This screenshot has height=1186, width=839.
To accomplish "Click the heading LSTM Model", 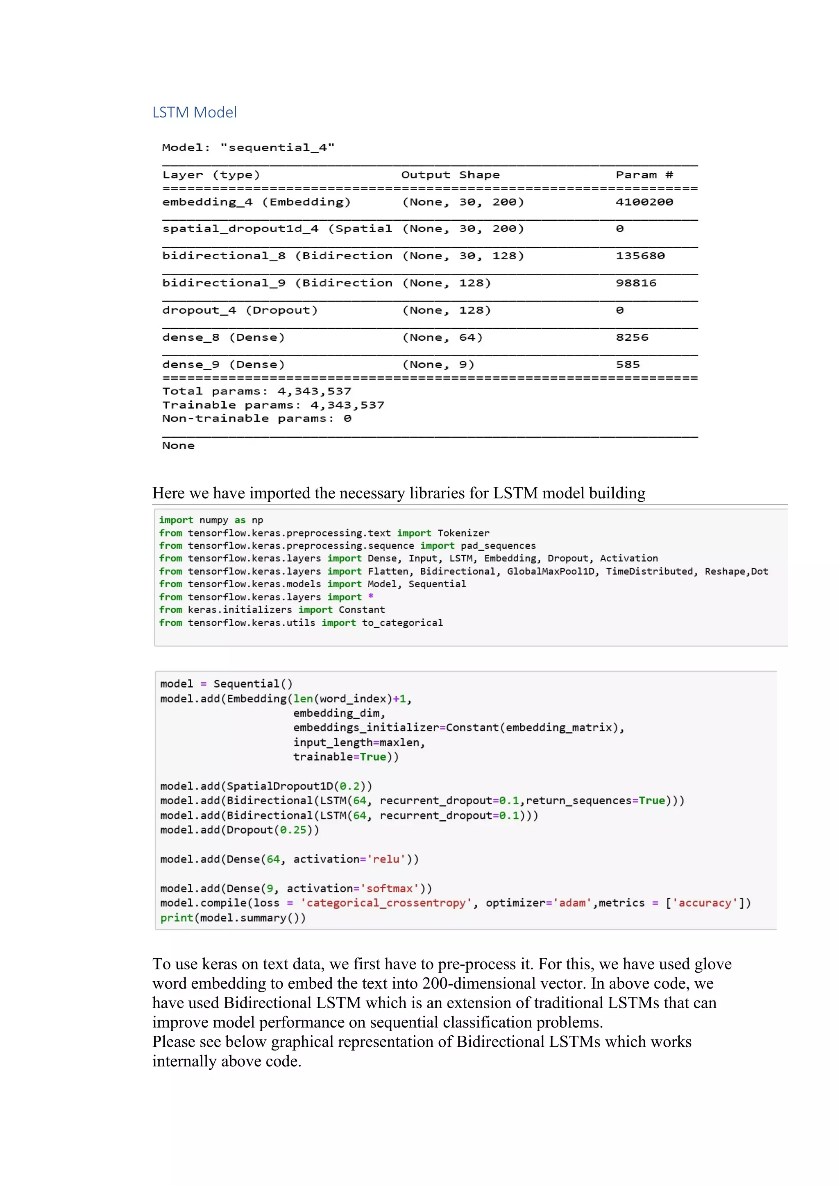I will (x=194, y=112).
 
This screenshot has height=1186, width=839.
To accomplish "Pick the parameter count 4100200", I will (x=644, y=202).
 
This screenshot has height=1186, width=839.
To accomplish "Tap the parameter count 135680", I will (x=640, y=256).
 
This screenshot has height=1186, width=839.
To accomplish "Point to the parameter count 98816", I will (x=636, y=283).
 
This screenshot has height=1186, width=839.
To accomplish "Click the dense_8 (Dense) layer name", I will (x=223, y=337).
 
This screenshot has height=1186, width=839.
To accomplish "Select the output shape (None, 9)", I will (x=438, y=364).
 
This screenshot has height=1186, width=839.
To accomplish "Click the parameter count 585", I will (x=628, y=364).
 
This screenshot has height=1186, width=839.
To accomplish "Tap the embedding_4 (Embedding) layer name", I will (x=256, y=202).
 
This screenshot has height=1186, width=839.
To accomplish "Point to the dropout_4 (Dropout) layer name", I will (x=240, y=310).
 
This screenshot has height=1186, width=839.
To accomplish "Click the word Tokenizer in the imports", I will (x=463, y=533).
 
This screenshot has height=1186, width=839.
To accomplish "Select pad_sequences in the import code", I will (x=498, y=546).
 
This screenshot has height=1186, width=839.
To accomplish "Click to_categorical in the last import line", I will (x=402, y=623).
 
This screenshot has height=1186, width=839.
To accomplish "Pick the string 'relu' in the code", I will (x=386, y=859).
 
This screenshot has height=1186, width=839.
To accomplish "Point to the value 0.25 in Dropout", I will (x=293, y=830).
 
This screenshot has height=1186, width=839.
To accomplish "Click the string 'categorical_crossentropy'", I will (x=386, y=903).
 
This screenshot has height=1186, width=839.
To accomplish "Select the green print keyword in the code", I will (x=176, y=918).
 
